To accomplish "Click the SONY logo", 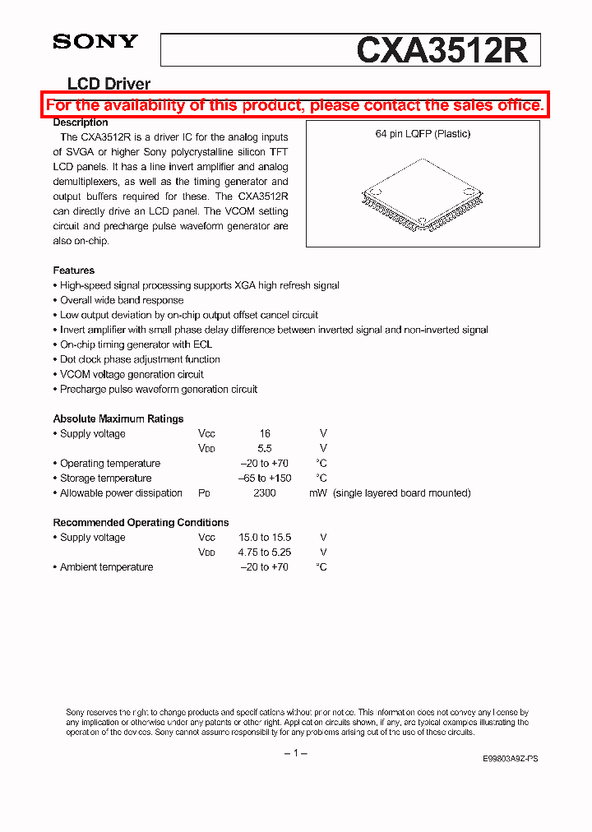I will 95,41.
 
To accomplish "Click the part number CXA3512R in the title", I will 442,50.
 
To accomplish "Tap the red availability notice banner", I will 294,105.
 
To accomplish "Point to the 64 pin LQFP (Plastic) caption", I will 423,134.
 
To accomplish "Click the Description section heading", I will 81,122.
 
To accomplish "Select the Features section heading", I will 74,270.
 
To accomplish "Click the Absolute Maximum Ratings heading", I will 118,418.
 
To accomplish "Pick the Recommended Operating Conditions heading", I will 141,522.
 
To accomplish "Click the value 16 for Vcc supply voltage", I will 264,433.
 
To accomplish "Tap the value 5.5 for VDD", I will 264,448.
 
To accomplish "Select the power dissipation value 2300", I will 264,492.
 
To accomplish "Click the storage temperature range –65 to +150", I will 264,478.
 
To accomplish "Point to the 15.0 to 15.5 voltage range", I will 264,537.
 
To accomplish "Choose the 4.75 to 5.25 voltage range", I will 264,552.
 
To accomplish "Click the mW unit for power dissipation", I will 318,492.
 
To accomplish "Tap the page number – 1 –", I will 295,753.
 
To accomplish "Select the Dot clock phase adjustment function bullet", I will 139,359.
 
